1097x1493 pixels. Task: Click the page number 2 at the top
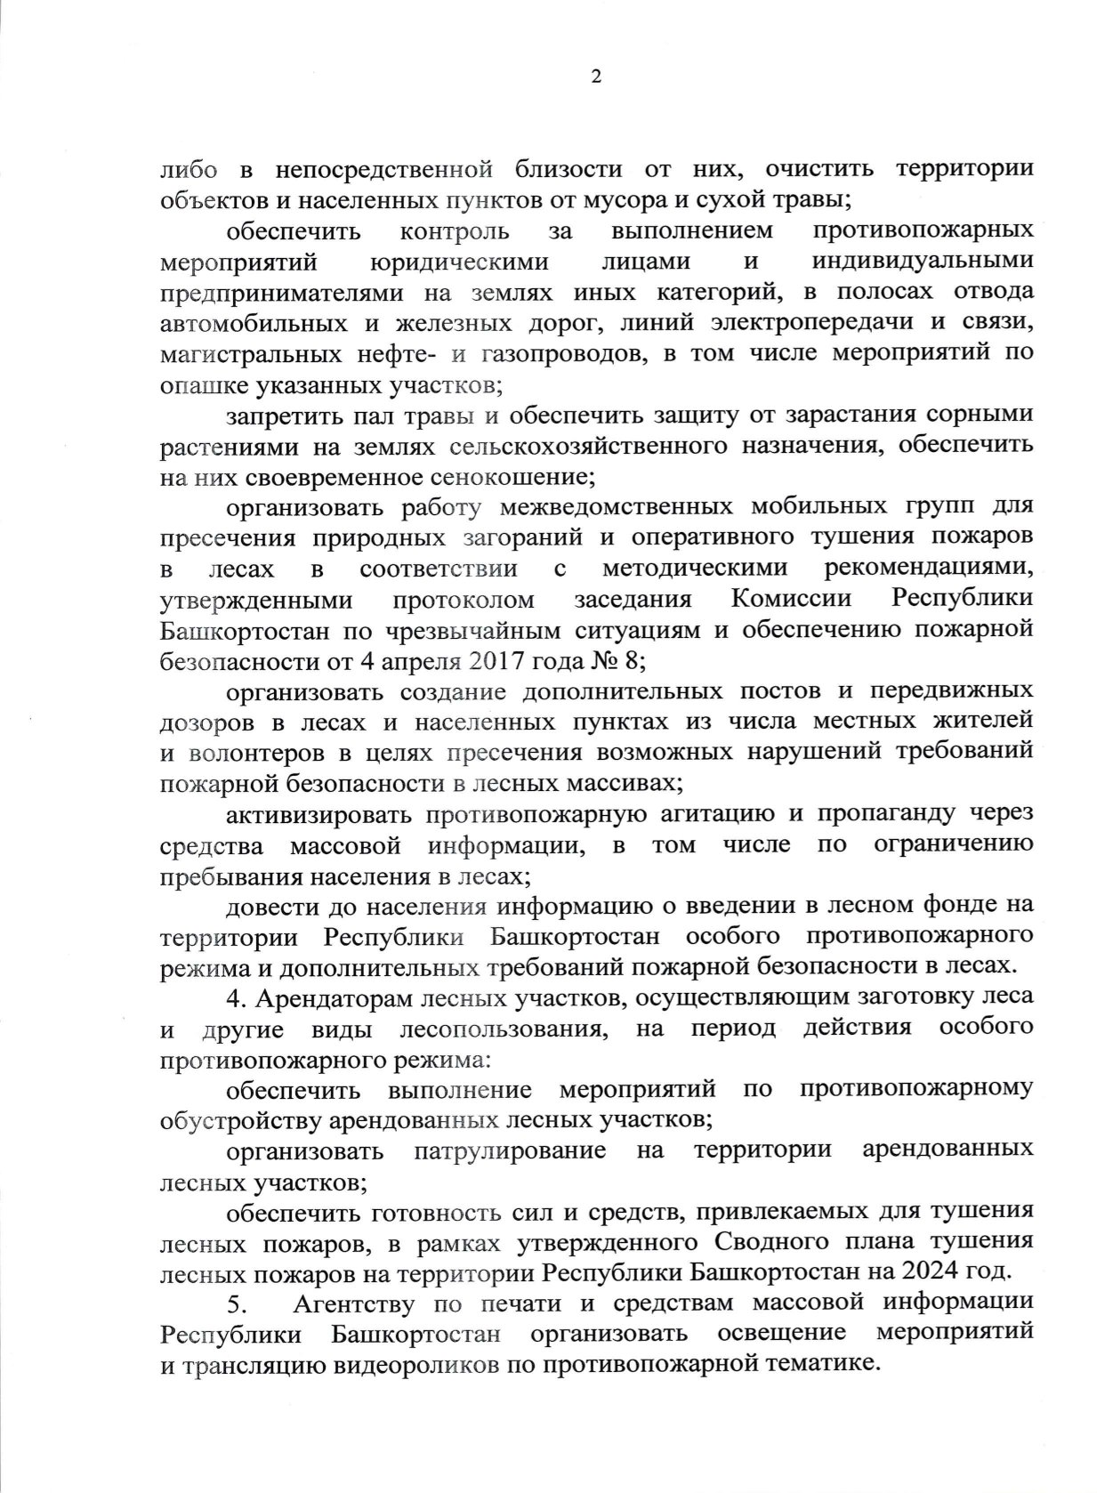(x=596, y=77)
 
